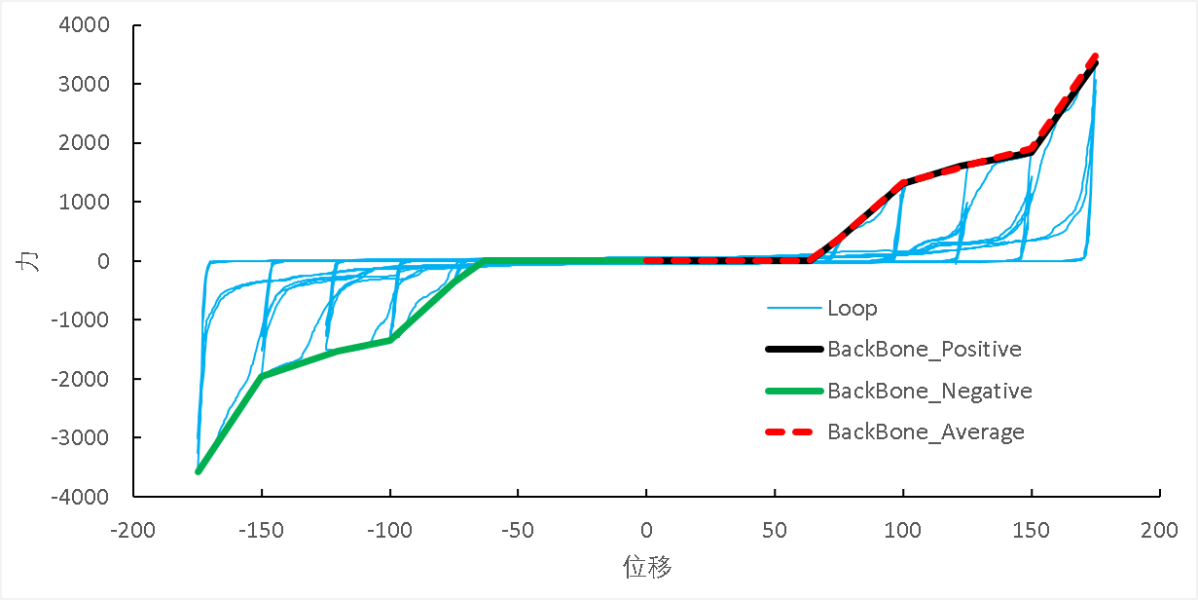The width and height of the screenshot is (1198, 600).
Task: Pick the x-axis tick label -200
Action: [133, 531]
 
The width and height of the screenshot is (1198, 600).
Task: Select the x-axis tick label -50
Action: [518, 531]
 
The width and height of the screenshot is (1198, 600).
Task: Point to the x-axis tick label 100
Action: [903, 531]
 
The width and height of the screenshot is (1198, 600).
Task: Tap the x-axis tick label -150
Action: [261, 531]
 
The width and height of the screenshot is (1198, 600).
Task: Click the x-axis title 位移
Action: [647, 567]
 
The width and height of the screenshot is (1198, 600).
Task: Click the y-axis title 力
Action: [32, 261]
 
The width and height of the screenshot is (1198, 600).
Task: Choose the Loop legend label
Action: [852, 309]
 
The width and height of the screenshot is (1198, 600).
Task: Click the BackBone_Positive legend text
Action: [924, 349]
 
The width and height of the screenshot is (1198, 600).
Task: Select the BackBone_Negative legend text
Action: [928, 391]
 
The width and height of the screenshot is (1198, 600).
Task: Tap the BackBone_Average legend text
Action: [926, 431]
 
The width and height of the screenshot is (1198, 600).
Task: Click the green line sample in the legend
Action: [793, 392]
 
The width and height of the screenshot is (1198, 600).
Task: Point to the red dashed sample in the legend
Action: [793, 432]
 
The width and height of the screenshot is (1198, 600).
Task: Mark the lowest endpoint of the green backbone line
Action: [199, 471]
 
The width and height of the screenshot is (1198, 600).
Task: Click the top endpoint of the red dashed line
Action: [1096, 56]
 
